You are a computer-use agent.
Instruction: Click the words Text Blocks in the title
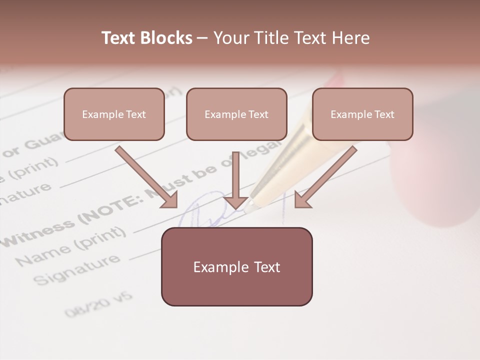146,38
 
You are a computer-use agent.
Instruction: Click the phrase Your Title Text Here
291,38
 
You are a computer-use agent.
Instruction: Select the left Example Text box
114,114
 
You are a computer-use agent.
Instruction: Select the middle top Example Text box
236,114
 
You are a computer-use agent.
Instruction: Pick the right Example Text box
362,114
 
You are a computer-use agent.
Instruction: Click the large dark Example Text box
236,267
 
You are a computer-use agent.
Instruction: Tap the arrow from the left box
145,176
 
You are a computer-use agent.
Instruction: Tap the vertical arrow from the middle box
235,180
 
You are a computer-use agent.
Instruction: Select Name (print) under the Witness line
70,247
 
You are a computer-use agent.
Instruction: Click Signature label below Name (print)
78,270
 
